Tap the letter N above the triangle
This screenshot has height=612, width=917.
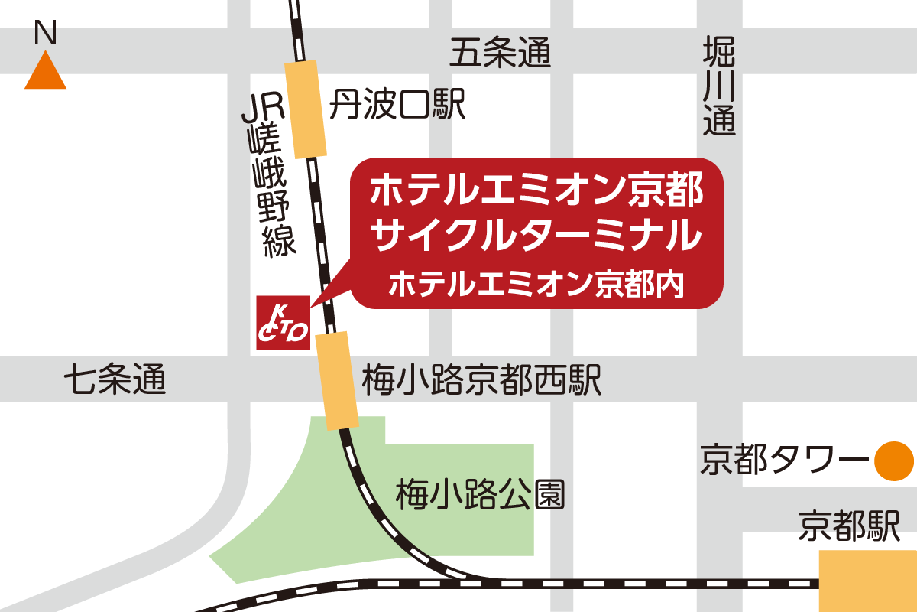[x=46, y=34]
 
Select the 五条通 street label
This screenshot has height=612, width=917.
[x=500, y=54]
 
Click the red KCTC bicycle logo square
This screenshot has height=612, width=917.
[x=283, y=323]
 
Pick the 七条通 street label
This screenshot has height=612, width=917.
[x=115, y=378]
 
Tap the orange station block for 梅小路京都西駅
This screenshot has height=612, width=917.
[x=337, y=380]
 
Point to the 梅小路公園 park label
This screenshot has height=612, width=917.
[x=481, y=495]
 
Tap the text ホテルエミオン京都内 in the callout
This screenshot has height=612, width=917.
[x=535, y=285]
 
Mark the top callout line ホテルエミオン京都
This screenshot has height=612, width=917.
[x=535, y=190]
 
